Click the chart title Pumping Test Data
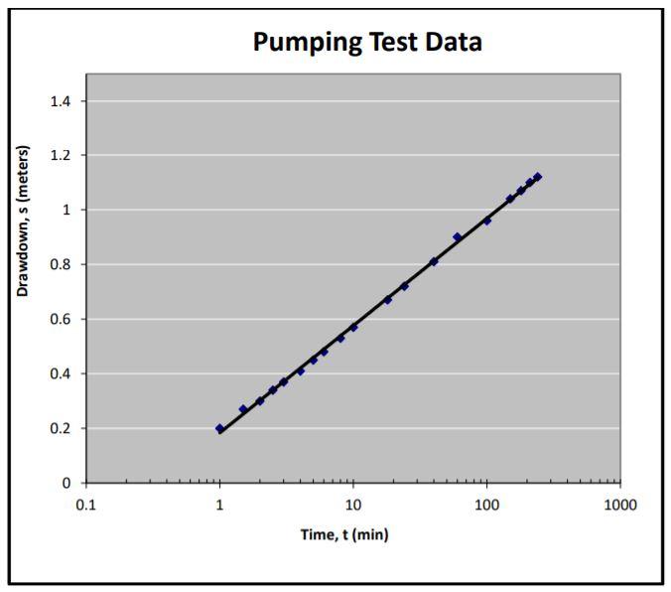pyautogui.click(x=366, y=42)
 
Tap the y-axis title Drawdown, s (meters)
pyautogui.click(x=23, y=222)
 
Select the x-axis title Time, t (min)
pyautogui.click(x=344, y=535)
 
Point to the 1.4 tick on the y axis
pyautogui.click(x=61, y=101)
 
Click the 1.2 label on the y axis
pyautogui.click(x=61, y=156)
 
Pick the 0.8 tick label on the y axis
pyautogui.click(x=61, y=265)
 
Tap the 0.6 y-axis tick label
pyautogui.click(x=61, y=320)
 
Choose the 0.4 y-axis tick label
pyautogui.click(x=61, y=374)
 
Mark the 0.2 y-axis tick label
pyautogui.click(x=61, y=429)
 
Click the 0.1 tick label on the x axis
pyautogui.click(x=86, y=505)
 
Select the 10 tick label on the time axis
pyautogui.click(x=352, y=505)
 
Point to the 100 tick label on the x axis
pyautogui.click(x=486, y=505)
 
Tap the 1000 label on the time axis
pyautogui.click(x=619, y=505)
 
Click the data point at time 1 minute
pyautogui.click(x=219, y=428)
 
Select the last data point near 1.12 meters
pyautogui.click(x=537, y=177)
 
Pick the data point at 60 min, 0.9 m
pyautogui.click(x=457, y=237)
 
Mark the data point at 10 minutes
pyautogui.click(x=353, y=327)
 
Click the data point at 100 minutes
pyautogui.click(x=486, y=221)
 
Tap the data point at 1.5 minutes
pyautogui.click(x=243, y=409)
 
